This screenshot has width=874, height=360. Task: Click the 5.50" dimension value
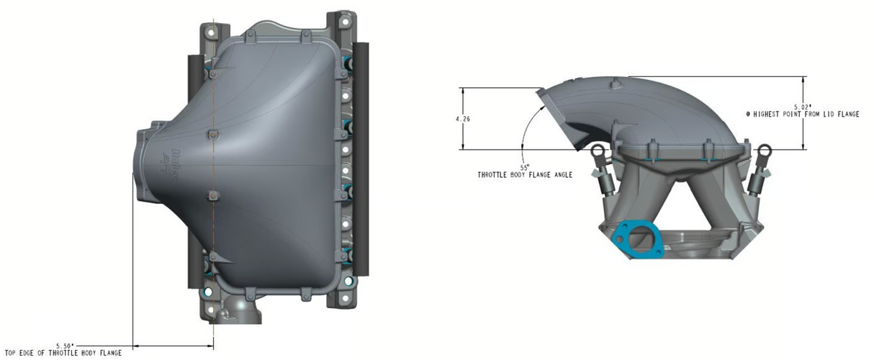point(66,346)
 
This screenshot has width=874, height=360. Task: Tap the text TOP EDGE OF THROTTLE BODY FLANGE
point(63,353)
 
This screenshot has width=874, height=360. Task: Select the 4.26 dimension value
point(463,119)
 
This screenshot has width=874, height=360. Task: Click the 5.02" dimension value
point(803,107)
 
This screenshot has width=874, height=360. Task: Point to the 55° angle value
point(525,168)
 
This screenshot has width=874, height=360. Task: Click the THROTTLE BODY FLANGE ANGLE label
point(525,175)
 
